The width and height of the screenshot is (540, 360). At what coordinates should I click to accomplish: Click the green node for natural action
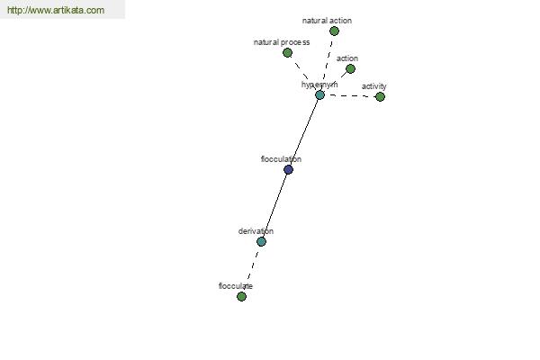point(334,31)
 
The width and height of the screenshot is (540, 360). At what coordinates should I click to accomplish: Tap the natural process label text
point(282,42)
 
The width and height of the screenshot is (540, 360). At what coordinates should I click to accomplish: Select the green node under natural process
point(287,53)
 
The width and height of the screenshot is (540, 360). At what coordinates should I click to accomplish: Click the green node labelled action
point(350,69)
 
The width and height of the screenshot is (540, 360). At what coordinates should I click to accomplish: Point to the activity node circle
point(380,97)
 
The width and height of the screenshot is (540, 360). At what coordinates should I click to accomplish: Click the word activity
point(374,86)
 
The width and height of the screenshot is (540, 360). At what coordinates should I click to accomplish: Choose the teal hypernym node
point(319,95)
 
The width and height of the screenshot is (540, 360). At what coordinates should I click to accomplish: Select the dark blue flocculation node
point(288,169)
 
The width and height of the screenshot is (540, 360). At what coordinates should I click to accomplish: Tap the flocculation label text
point(281,159)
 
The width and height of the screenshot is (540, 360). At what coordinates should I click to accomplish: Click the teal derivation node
point(261,241)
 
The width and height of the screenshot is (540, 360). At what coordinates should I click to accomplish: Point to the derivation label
point(256,231)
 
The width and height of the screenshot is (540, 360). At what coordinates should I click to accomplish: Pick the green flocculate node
point(241,296)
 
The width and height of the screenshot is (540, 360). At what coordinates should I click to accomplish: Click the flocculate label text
point(236,286)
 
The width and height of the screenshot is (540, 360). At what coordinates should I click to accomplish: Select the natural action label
point(327,21)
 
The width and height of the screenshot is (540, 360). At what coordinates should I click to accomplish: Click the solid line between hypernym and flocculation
point(304,132)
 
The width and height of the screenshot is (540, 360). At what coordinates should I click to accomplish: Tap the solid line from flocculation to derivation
point(274,206)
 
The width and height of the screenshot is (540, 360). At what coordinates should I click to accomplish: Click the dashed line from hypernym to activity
point(350,95)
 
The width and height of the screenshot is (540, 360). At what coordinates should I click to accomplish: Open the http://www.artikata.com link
point(56,10)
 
